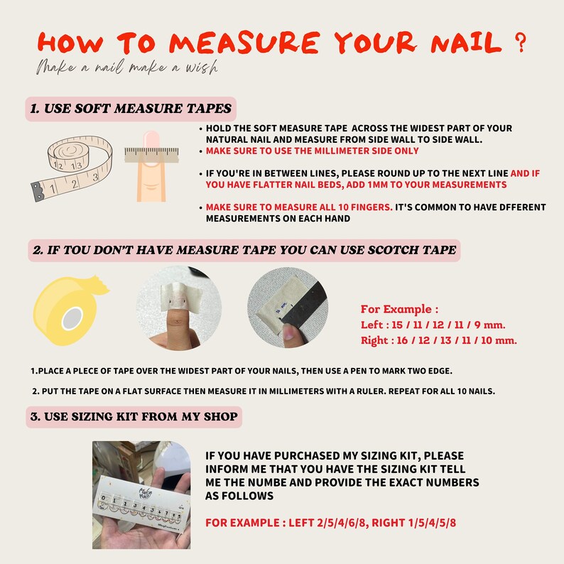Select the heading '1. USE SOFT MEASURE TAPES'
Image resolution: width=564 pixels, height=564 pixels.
(x=131, y=109)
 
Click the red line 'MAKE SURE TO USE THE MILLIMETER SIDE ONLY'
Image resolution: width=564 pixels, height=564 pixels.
(x=312, y=151)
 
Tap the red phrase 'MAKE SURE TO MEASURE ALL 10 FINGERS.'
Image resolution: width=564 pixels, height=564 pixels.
(x=299, y=207)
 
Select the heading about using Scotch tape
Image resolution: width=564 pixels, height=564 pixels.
(x=244, y=250)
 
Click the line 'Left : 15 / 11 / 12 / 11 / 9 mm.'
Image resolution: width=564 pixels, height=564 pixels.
(x=433, y=325)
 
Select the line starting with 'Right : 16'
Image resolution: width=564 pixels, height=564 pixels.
(x=438, y=340)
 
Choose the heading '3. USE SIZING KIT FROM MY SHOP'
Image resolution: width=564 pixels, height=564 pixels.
(x=134, y=416)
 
